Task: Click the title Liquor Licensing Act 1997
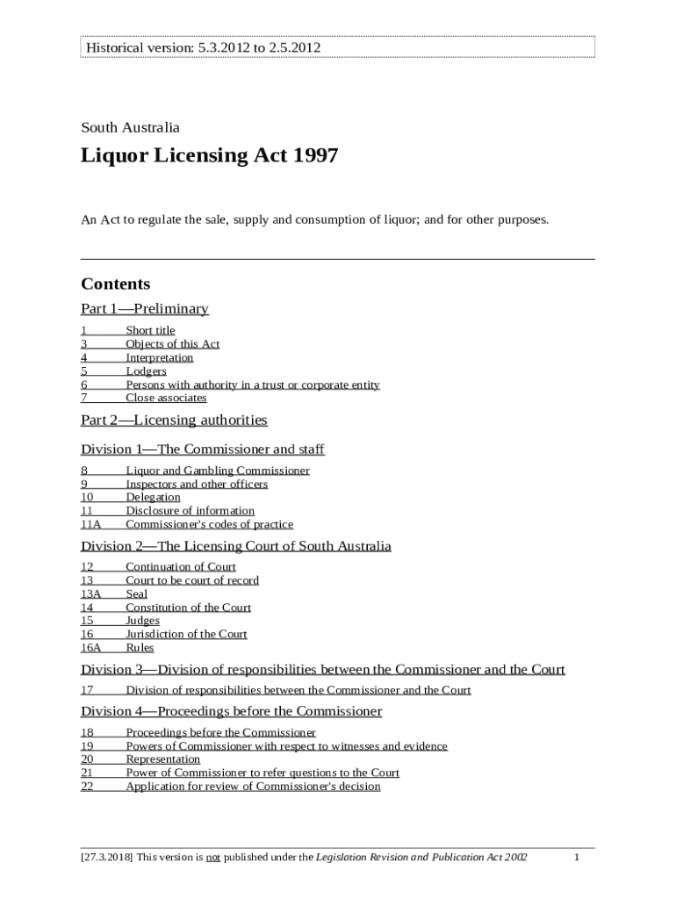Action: click(x=209, y=156)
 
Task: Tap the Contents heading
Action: click(x=116, y=284)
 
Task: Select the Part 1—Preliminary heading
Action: click(x=145, y=308)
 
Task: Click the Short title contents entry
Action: click(x=150, y=330)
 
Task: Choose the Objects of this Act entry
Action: click(x=172, y=344)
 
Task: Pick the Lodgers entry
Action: click(x=146, y=371)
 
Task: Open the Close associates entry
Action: click(x=166, y=398)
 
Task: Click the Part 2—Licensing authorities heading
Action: click(x=174, y=420)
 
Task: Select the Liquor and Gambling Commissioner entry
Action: click(x=217, y=471)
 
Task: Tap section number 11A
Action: click(x=90, y=524)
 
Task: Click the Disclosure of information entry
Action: click(x=190, y=511)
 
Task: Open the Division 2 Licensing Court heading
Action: click(x=236, y=546)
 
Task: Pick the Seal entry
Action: click(x=136, y=593)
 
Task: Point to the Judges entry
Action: click(x=142, y=621)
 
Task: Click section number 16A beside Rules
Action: click(x=91, y=648)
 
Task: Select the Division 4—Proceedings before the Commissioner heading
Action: click(x=232, y=711)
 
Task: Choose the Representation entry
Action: click(x=162, y=759)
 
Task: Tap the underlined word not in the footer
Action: click(x=212, y=857)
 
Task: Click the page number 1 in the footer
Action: click(x=577, y=857)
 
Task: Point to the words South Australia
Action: click(x=130, y=127)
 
